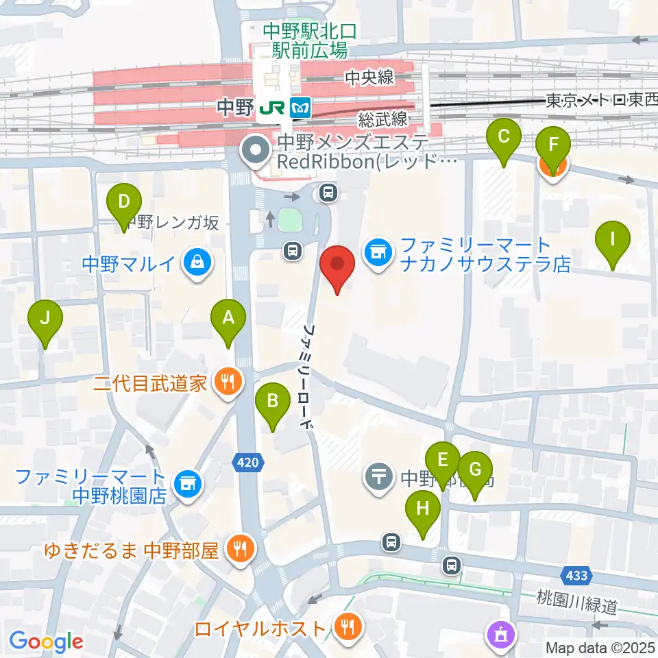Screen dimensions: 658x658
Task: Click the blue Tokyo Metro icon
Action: click(x=301, y=107)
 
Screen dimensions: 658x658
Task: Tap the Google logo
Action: click(x=46, y=642)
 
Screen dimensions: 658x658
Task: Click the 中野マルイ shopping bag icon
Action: click(x=197, y=262)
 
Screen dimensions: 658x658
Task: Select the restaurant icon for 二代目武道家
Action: click(x=227, y=382)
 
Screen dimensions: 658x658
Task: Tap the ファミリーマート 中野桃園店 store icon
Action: click(x=186, y=484)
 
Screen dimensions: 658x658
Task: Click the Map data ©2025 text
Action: click(x=600, y=647)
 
